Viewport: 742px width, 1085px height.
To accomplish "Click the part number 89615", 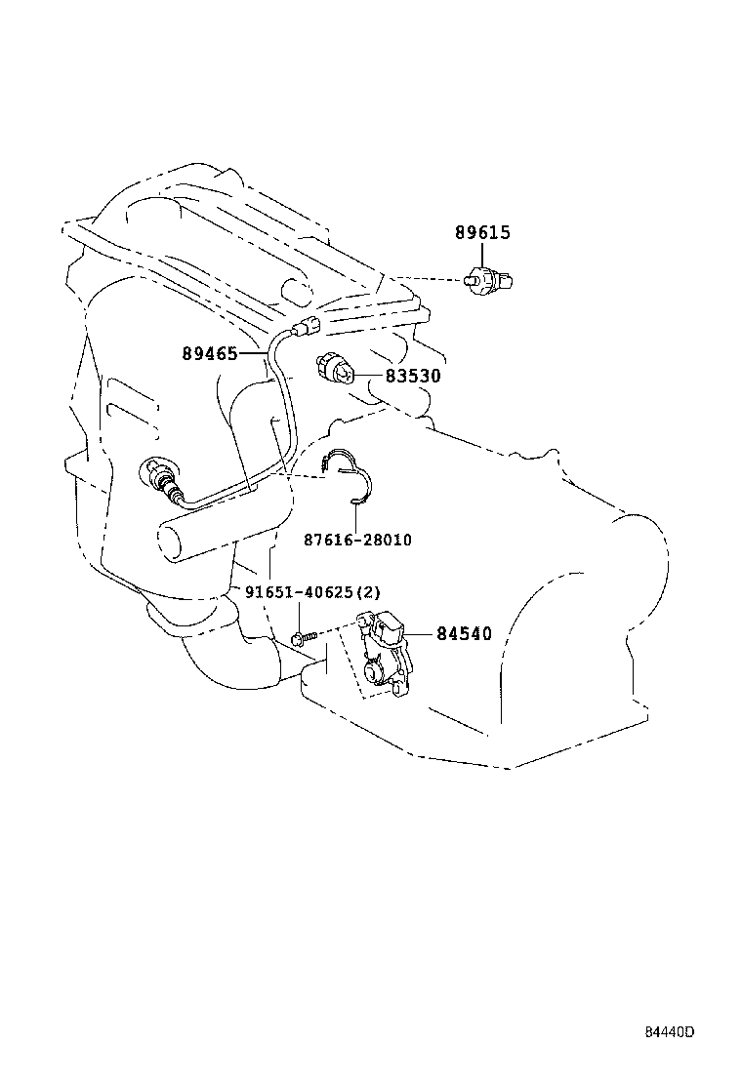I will (x=482, y=233).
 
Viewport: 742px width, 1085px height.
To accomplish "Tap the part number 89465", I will (x=209, y=353).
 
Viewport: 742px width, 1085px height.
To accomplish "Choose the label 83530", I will (x=411, y=375).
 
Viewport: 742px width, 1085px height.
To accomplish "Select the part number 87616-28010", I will (x=356, y=540).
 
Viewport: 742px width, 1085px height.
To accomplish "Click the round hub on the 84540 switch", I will (x=375, y=672).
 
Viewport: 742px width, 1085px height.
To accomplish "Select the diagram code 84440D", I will (x=669, y=1032).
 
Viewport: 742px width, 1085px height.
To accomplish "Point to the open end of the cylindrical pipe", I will (x=169, y=542).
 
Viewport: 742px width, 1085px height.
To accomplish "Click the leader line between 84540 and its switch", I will (x=420, y=634).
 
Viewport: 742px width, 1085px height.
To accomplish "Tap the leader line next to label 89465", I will (x=252, y=353).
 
